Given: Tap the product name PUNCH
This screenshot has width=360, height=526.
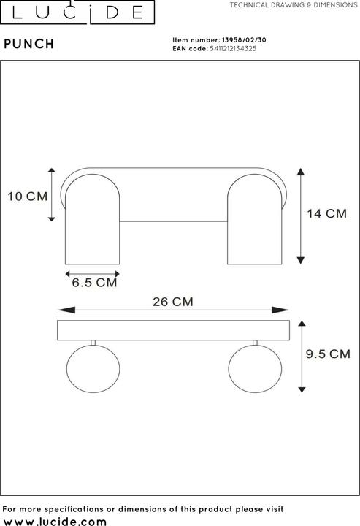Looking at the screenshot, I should [x=29, y=44].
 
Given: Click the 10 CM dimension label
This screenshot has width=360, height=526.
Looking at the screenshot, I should [x=27, y=196].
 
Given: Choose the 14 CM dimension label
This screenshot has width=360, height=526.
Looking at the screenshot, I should [x=326, y=214].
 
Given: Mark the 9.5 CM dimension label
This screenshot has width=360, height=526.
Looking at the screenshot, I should [x=327, y=355].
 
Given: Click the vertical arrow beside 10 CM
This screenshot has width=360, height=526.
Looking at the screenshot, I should [x=52, y=194].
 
